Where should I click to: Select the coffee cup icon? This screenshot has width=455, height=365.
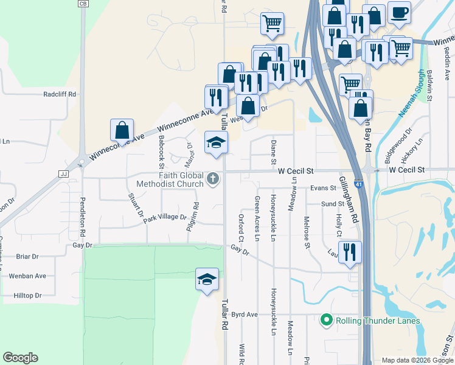pos(398,13)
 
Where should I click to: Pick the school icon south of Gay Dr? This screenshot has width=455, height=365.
pos(207,279)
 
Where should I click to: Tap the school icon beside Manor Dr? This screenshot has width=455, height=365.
pos(215,142)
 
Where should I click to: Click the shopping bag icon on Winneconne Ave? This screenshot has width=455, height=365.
pos(122,130)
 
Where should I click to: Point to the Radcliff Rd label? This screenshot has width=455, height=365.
pos(60,94)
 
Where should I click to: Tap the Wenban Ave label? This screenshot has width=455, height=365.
pos(27,276)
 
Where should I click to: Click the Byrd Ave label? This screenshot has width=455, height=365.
pos(245,315)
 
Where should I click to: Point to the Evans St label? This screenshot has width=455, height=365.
pos(323,189)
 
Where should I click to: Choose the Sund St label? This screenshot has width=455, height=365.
pos(333,204)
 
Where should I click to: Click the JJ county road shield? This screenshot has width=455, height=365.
pos(62,173)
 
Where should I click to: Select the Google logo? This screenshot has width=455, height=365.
pos(20,358)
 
